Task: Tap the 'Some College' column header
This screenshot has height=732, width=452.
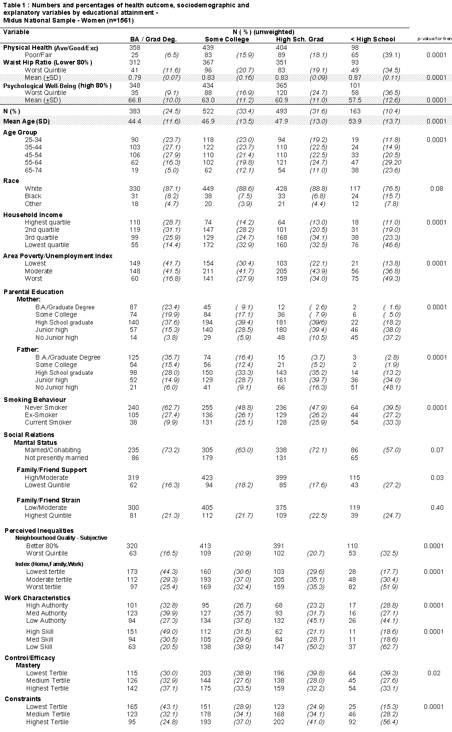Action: click(x=227, y=40)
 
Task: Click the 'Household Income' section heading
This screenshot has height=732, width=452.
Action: click(x=33, y=215)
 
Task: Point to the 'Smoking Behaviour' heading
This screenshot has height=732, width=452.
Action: click(x=35, y=400)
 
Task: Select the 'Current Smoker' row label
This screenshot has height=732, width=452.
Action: click(x=48, y=422)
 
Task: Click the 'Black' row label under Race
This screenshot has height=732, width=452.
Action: click(x=33, y=196)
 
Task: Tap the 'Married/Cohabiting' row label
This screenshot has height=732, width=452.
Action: click(x=53, y=450)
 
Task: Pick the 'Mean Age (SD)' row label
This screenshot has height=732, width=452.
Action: click(x=26, y=121)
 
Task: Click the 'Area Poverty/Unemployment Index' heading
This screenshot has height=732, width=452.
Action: click(x=58, y=256)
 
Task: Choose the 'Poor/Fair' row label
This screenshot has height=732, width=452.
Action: click(x=38, y=55)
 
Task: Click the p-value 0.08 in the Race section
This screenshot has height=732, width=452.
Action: click(x=437, y=189)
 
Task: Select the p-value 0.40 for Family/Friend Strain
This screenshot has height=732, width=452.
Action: click(x=437, y=508)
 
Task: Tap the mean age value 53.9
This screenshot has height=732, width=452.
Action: click(x=354, y=121)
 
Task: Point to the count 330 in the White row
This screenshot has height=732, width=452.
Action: click(x=133, y=189)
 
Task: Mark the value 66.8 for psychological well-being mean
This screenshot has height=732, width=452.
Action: click(x=134, y=100)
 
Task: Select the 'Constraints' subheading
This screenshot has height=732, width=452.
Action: click(x=23, y=699)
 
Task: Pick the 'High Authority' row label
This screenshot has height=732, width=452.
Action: click(x=47, y=605)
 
